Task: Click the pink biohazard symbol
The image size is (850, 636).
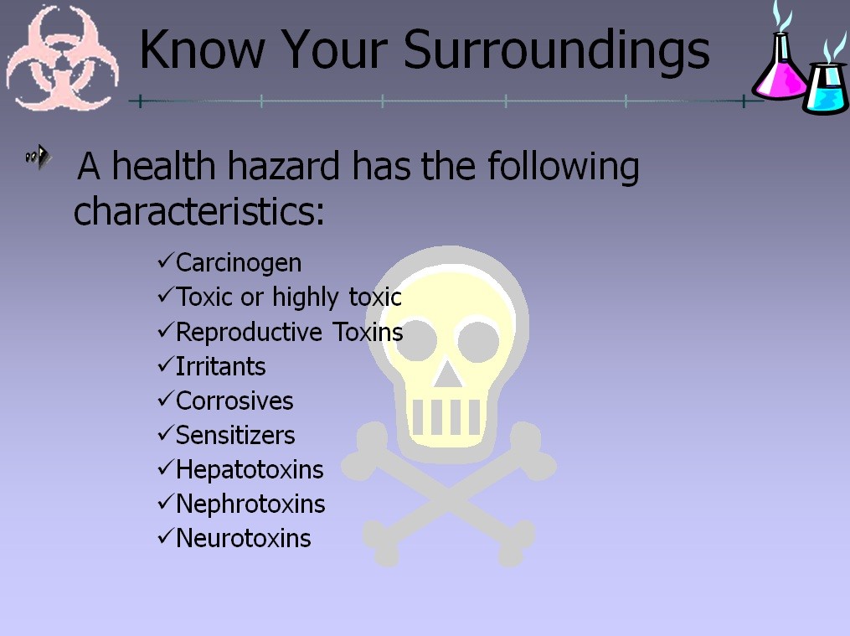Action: click(61, 58)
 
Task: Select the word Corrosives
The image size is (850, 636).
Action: click(234, 401)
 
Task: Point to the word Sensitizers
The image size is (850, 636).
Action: click(235, 436)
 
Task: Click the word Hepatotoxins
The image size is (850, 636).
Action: click(250, 469)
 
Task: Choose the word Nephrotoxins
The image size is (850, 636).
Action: click(250, 504)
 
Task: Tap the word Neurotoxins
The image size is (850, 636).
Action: click(244, 539)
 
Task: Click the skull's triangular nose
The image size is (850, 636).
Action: click(447, 374)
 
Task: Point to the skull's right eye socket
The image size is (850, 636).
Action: click(478, 342)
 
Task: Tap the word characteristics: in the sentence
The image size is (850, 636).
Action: click(199, 211)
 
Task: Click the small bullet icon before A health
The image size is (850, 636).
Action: click(39, 158)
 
